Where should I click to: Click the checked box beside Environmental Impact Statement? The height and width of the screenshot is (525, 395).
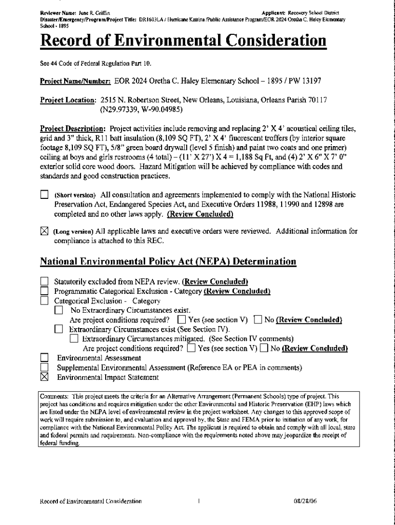[44, 377]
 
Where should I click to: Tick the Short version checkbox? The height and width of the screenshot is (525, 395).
[44, 195]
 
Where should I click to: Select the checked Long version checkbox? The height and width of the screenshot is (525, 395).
[44, 231]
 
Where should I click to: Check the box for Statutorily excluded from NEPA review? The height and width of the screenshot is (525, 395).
[44, 281]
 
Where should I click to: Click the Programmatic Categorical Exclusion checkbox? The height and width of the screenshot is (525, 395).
[44, 291]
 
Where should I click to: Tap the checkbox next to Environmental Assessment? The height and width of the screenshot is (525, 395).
[44, 358]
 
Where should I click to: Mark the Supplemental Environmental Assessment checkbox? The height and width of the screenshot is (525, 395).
[44, 368]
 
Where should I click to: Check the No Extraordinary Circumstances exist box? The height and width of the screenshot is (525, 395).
[58, 310]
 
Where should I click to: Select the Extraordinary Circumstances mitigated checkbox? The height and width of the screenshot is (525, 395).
[74, 339]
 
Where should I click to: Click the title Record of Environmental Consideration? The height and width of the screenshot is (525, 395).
[183, 42]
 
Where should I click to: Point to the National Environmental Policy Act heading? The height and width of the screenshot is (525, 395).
[168, 261]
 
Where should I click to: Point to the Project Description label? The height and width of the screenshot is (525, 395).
[73, 128]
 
